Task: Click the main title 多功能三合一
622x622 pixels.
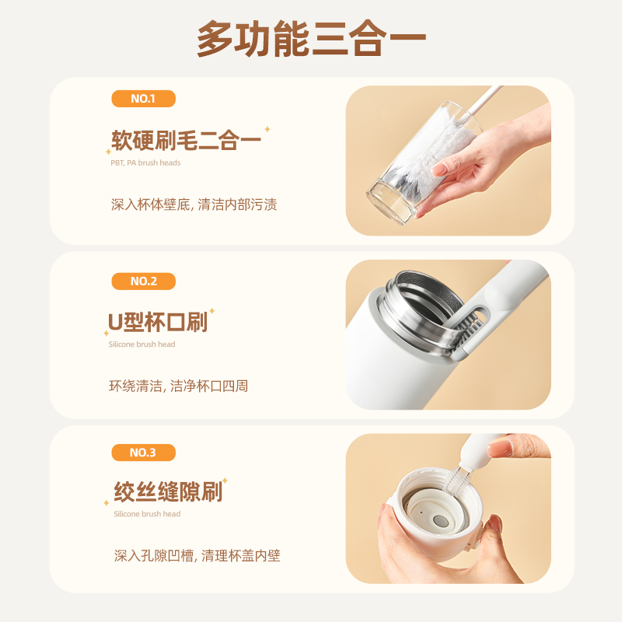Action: (312, 38)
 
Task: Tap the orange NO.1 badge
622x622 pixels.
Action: (143, 99)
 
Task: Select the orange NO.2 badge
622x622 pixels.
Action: (143, 281)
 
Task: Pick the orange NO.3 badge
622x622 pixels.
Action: (143, 453)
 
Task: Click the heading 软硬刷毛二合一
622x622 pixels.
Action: (186, 140)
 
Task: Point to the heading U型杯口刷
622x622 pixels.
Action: (158, 322)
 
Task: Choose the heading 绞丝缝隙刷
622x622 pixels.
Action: (168, 492)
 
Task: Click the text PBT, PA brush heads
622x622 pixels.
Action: (145, 162)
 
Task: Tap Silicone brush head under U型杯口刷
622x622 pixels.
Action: (142, 344)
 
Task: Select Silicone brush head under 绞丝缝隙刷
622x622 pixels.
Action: (147, 514)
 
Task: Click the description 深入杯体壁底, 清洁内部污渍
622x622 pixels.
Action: (194, 204)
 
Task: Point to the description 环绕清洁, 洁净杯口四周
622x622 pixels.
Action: (179, 386)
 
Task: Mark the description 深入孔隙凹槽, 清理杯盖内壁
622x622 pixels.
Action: (197, 556)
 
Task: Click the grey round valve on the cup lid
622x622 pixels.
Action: (439, 520)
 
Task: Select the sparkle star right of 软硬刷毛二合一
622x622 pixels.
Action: (267, 129)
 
